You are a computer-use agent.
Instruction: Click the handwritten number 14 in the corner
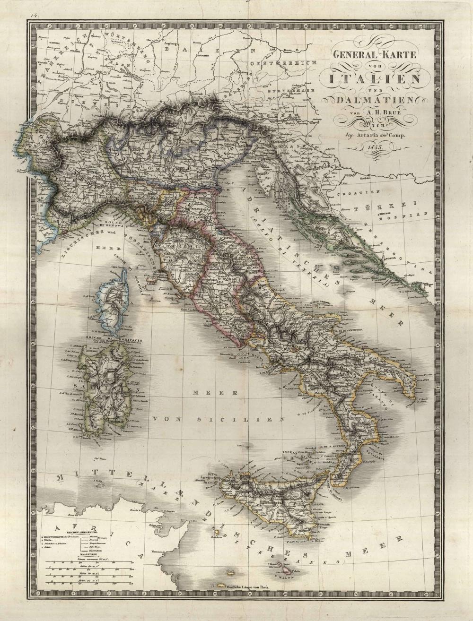34,15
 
